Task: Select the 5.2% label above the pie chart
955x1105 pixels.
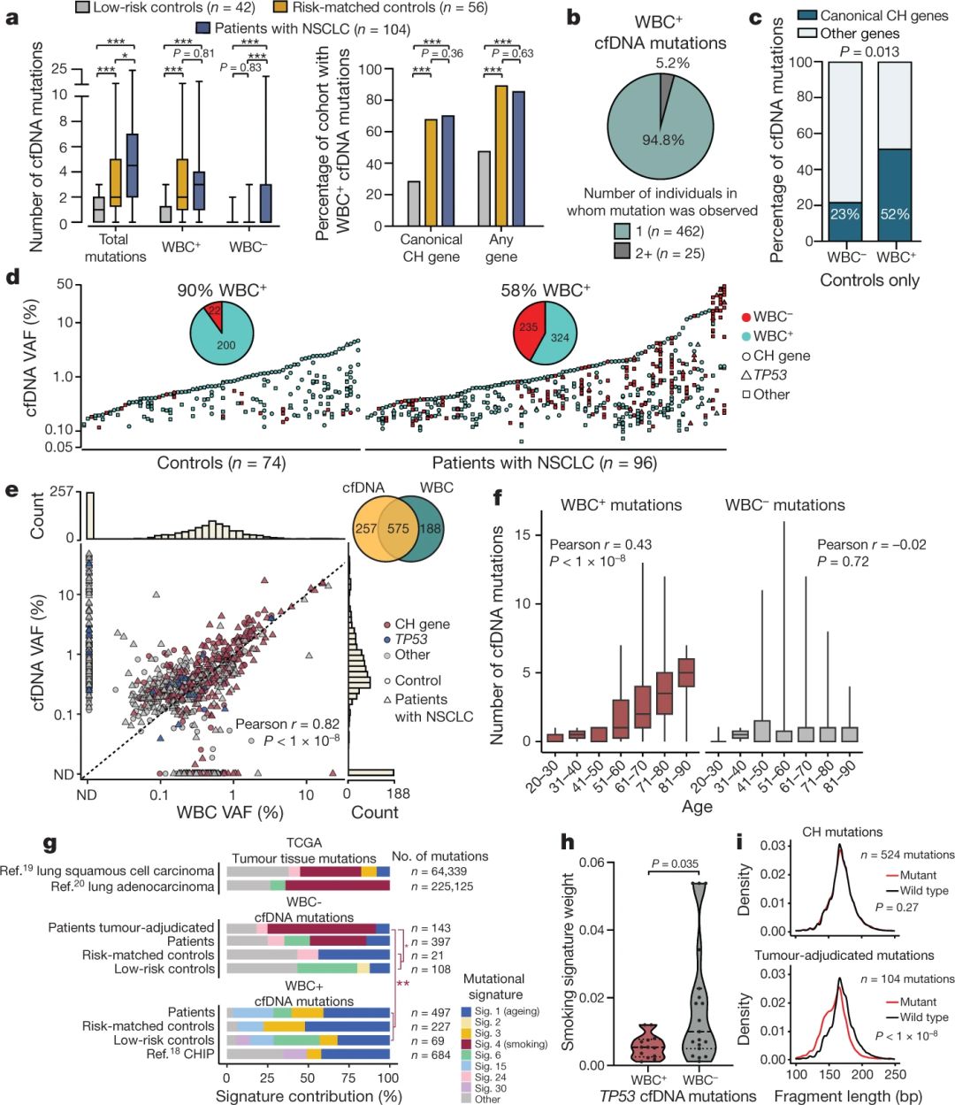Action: point(673,63)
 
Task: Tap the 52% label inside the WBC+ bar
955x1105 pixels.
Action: point(895,214)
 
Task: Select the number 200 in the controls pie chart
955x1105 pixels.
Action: point(226,345)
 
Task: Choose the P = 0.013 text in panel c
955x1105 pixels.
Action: point(868,51)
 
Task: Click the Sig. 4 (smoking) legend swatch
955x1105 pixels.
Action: point(467,1044)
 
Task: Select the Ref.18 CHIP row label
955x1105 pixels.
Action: point(180,1055)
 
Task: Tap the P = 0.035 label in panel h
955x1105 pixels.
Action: point(675,864)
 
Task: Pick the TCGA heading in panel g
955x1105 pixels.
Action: point(303,843)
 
